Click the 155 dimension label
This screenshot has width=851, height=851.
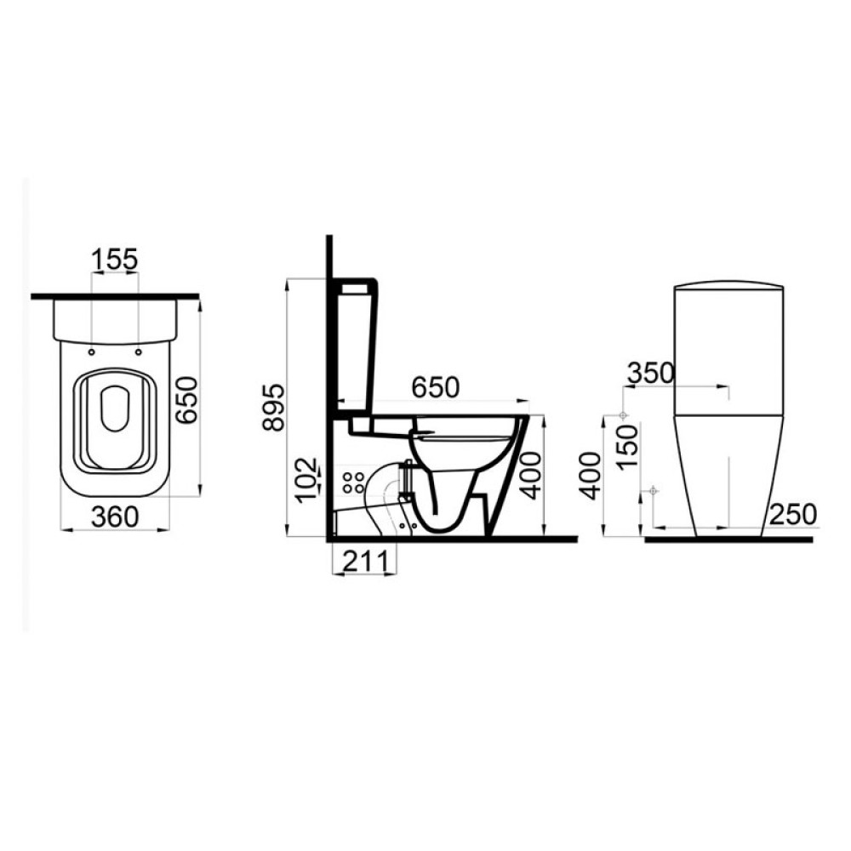115,260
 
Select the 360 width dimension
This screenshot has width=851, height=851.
115,517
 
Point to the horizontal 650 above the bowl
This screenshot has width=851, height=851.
435,387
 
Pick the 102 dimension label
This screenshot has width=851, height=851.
307,478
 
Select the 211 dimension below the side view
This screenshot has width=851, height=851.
365,561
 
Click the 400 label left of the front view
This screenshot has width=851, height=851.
591,476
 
